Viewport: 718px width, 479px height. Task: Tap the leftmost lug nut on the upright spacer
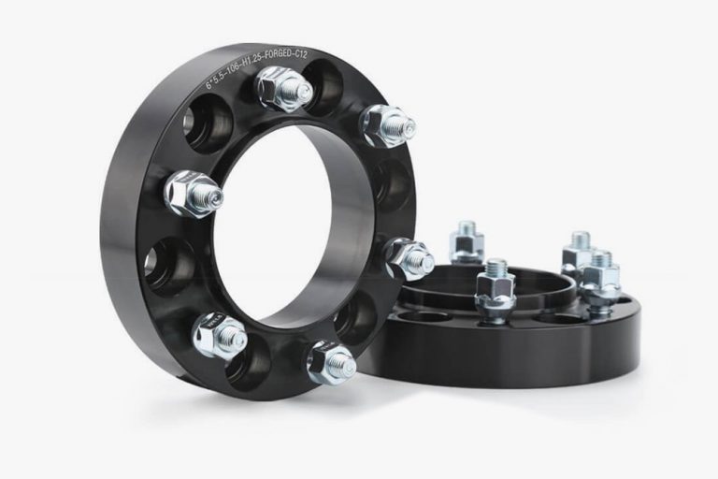pyautogui.click(x=193, y=192)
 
